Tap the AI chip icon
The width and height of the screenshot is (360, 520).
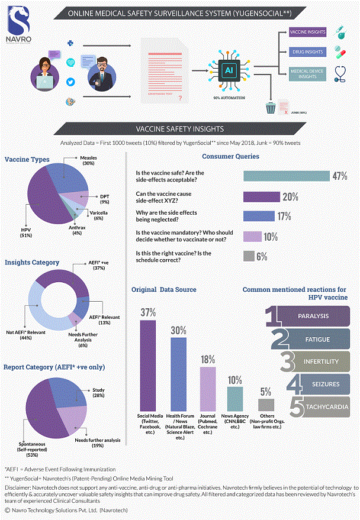229,70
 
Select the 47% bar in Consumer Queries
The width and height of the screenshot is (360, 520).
286,176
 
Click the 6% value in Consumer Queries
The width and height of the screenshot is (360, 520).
262,256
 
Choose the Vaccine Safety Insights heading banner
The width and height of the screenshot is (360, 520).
180,128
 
